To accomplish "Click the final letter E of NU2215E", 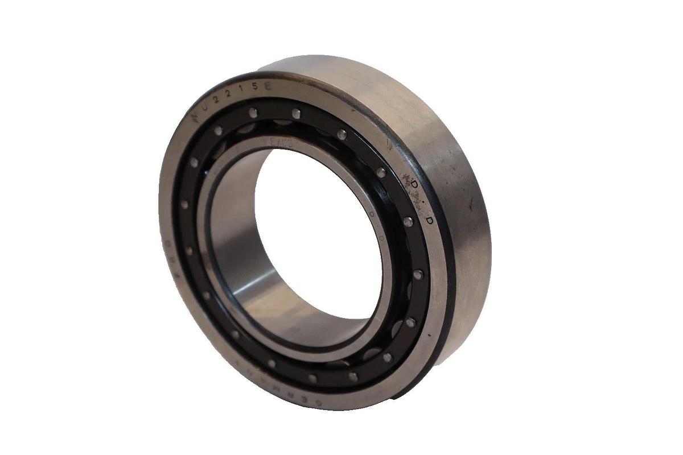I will click(x=268, y=86).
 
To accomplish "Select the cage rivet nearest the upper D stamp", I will click(x=381, y=171).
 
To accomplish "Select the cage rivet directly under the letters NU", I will click(x=218, y=130).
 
